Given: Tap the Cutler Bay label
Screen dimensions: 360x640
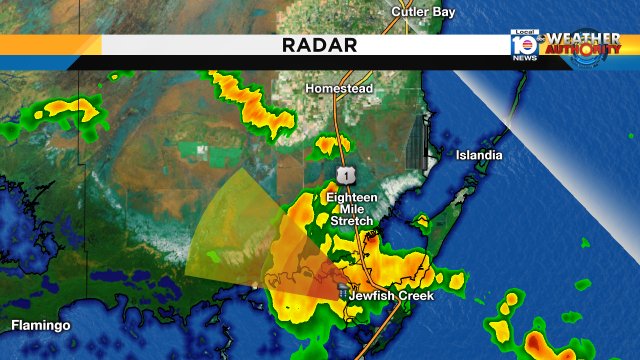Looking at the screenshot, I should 423,12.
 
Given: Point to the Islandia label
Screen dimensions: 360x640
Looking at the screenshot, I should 479,156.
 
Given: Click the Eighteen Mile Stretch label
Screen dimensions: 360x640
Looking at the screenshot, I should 351,209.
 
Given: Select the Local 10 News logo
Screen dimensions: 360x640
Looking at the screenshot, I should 524,46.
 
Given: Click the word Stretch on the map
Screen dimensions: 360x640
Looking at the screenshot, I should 351,221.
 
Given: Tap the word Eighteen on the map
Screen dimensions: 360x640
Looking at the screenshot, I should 352,197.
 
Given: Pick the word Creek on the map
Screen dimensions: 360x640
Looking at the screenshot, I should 418,297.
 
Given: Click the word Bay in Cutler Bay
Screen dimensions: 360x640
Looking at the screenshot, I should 442,12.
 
